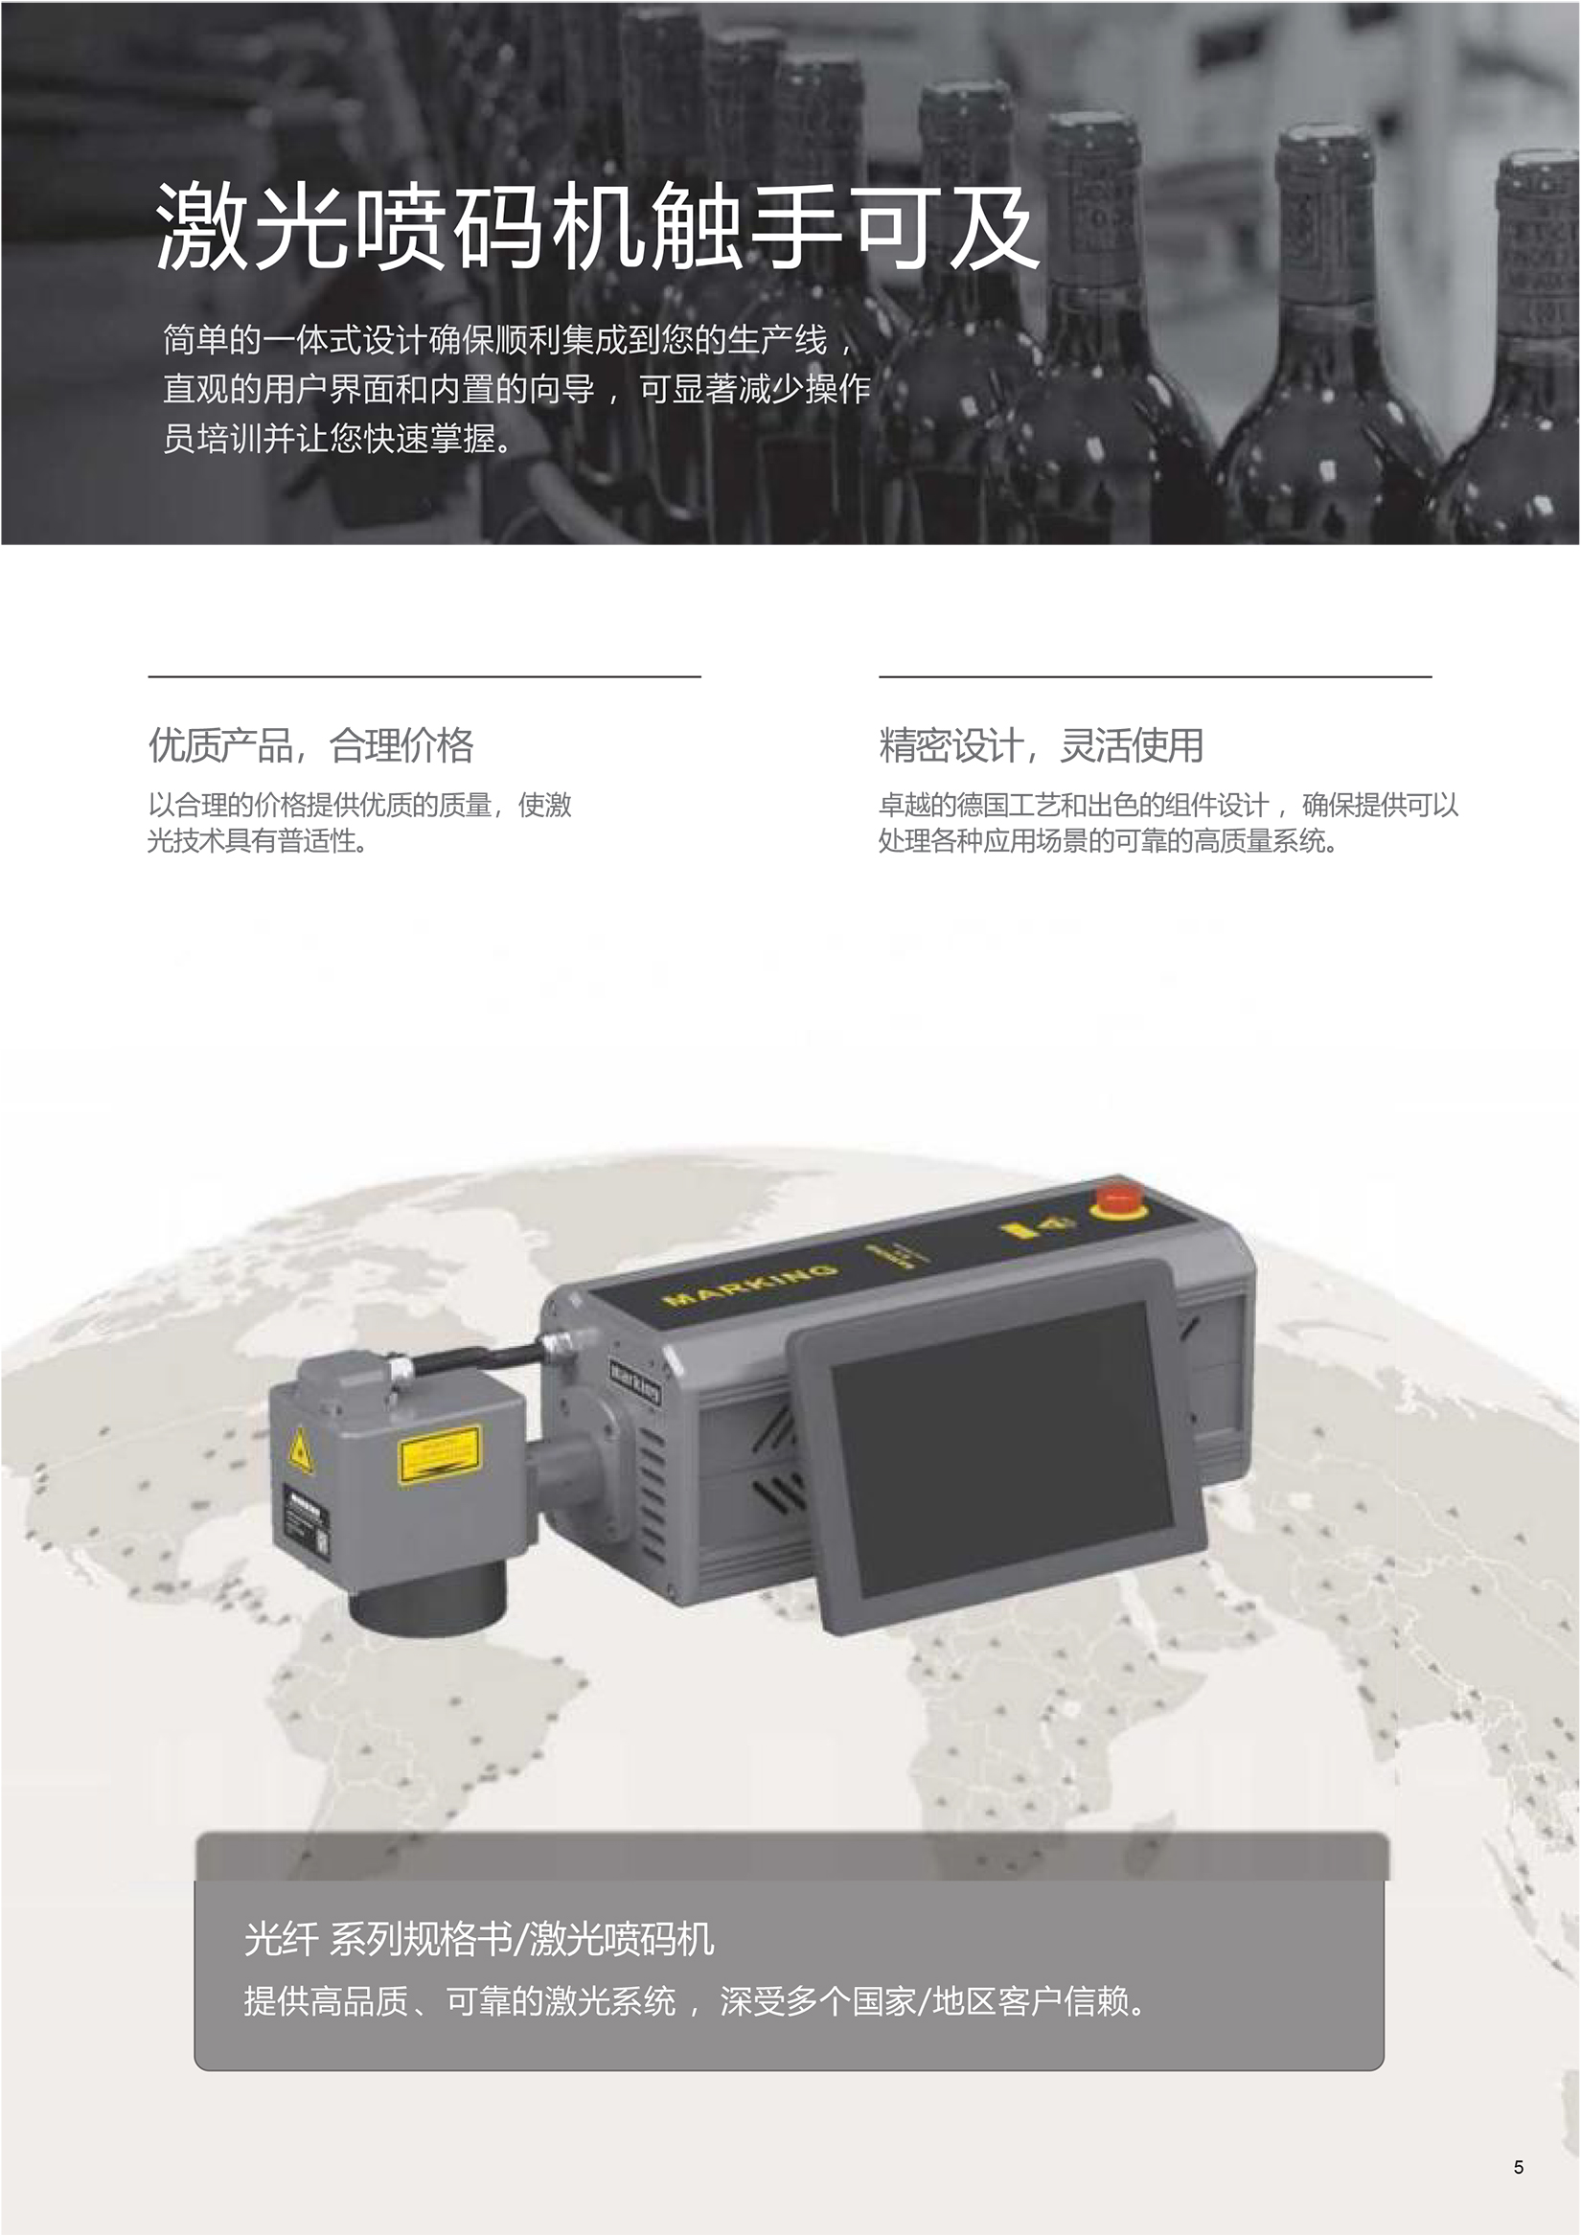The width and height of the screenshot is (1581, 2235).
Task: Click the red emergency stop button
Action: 1118,1199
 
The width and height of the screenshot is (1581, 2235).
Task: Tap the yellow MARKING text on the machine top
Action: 748,1284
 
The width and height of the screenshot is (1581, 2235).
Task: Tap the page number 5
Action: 1519,2167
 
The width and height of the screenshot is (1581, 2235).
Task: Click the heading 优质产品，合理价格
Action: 310,745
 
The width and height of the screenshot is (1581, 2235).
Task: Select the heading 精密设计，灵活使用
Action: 1041,745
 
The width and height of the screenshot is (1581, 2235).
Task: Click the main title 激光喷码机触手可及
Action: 597,226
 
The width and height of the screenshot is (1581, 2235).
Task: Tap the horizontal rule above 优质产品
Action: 424,675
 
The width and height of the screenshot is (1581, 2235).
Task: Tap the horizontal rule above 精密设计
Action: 1155,675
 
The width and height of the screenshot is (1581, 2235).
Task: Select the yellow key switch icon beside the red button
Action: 1037,1226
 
